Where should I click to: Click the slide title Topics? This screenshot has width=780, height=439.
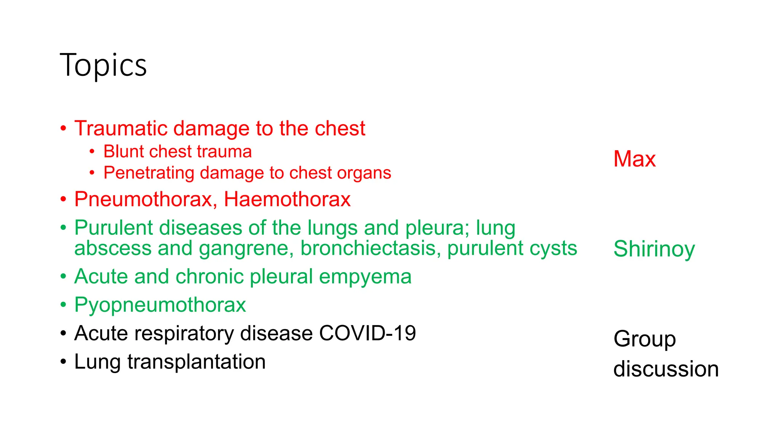pos(103,65)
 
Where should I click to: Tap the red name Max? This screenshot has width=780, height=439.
pos(634,159)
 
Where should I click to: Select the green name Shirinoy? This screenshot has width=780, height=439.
pos(654,249)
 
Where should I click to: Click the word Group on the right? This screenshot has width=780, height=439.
pos(644,339)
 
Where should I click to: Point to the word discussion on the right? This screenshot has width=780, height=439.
pos(666,369)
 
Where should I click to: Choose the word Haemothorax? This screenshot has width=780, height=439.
pos(287,199)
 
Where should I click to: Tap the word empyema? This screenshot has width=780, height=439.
pos(365,277)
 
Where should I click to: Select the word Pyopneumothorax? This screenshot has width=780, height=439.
pos(160,305)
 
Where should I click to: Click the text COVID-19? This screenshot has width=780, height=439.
pos(367,333)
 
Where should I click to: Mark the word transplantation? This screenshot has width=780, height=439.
pos(196,362)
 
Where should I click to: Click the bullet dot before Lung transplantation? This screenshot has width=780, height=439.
pos(64,362)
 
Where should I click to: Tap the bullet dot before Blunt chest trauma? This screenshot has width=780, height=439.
pos(92,152)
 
